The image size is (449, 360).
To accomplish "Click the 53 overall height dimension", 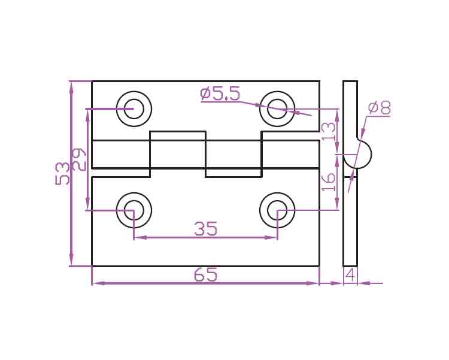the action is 62,173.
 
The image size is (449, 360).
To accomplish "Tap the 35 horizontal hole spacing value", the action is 205,229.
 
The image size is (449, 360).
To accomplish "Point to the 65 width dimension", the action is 205,274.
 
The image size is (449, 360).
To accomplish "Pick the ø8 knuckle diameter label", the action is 380,108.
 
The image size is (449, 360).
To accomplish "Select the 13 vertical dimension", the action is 328,131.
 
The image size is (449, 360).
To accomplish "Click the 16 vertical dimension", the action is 328,181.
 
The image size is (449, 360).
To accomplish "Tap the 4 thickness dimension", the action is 350,275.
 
